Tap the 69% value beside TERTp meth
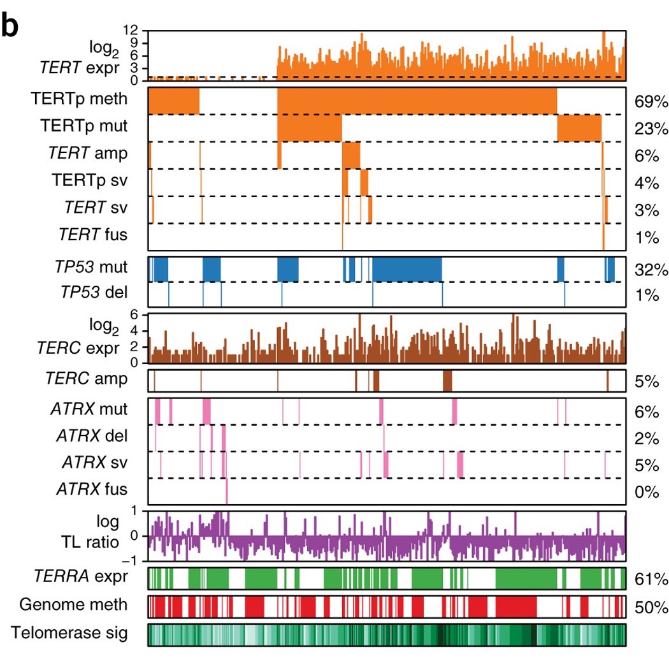651,101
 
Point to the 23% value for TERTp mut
651,129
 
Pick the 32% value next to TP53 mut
651,270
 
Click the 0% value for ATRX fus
646,492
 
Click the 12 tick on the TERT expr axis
131,30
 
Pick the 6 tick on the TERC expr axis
134,314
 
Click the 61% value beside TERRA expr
651,579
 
